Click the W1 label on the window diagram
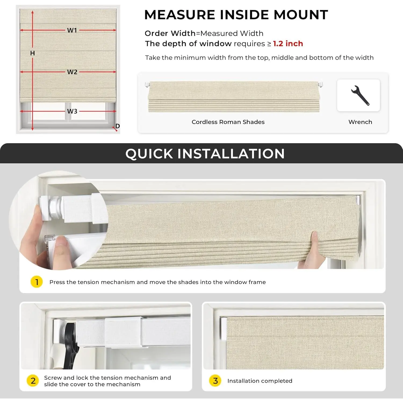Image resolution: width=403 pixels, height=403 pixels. [x=72, y=30]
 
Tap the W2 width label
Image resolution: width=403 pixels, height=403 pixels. [x=72, y=72]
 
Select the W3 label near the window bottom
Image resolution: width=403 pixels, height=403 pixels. [x=72, y=111]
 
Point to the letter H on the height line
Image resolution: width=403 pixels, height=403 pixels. [x=33, y=53]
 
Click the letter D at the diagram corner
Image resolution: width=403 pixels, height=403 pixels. [x=118, y=126]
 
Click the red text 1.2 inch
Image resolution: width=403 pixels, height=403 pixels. [x=288, y=44]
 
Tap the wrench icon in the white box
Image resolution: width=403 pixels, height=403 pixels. [x=360, y=95]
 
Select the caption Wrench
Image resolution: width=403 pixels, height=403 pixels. [x=360, y=122]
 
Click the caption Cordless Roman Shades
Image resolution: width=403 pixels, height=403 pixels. [x=228, y=122]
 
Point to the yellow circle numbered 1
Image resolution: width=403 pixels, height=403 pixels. [x=37, y=282]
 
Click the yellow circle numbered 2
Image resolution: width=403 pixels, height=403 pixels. [x=33, y=381]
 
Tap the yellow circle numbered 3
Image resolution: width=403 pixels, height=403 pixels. [x=215, y=381]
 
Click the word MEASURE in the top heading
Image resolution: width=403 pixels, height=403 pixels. [x=180, y=15]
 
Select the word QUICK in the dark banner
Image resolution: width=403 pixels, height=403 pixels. [x=149, y=154]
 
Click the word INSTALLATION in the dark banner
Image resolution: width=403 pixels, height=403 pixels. [x=231, y=154]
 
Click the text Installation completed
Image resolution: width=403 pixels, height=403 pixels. [x=260, y=381]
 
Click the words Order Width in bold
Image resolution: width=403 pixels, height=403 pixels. [x=170, y=33]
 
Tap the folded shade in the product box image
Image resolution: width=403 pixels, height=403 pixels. [x=234, y=97]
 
